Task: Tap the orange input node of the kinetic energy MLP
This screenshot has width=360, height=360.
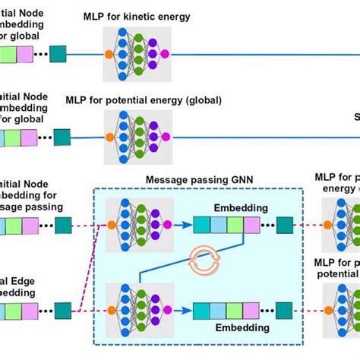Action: coord(109,54)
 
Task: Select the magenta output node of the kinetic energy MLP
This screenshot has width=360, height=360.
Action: coord(165,54)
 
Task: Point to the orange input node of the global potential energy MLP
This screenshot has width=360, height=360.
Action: coord(109,138)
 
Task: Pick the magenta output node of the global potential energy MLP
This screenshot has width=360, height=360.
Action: coord(165,138)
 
